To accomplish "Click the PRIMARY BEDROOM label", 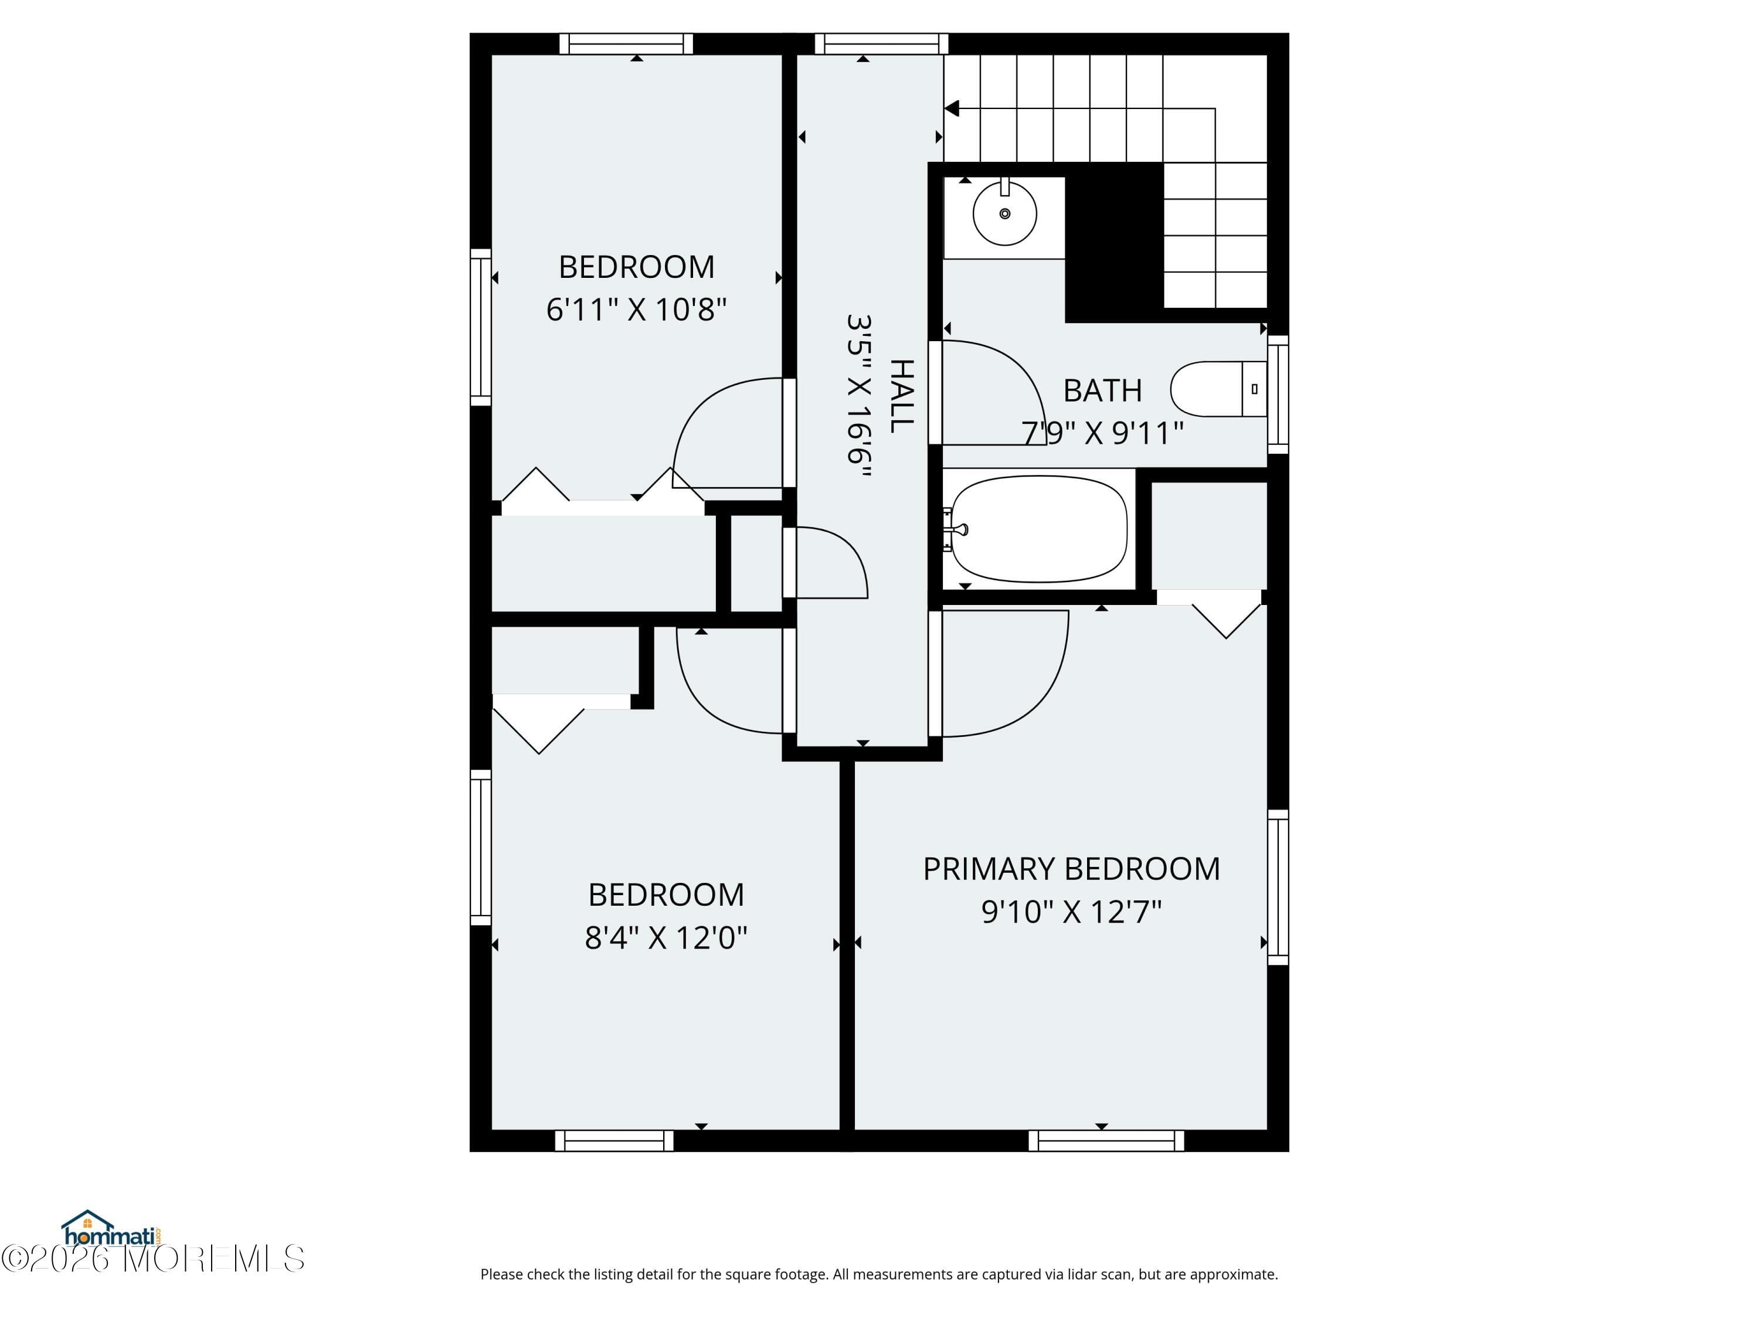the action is [x=1071, y=869].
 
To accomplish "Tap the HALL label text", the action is [x=901, y=396].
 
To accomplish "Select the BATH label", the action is [x=1102, y=390].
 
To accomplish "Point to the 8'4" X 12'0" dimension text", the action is [x=667, y=937].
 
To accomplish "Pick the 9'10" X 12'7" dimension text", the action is [x=1071, y=911].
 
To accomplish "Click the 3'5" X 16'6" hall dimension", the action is [x=859, y=395].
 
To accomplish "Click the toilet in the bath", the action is [x=1218, y=389].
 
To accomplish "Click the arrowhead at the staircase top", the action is [x=952, y=109].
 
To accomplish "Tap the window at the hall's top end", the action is [x=882, y=44].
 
